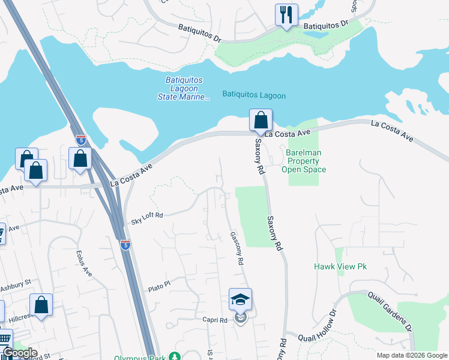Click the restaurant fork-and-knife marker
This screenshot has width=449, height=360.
286,14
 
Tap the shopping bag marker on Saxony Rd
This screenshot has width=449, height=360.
261,120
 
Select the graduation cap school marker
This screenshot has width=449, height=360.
240,299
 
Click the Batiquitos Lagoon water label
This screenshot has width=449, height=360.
254,95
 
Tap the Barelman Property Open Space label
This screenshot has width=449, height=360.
304,161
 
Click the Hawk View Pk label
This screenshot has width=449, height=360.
340,266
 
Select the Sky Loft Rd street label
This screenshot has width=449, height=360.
147,218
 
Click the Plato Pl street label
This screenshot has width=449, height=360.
160,289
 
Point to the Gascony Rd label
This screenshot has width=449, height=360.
237,250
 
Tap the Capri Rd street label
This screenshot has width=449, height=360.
214,320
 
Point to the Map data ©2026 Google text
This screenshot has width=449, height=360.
412,355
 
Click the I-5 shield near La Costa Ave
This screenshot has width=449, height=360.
81,140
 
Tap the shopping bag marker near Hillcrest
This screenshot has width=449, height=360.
41,304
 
